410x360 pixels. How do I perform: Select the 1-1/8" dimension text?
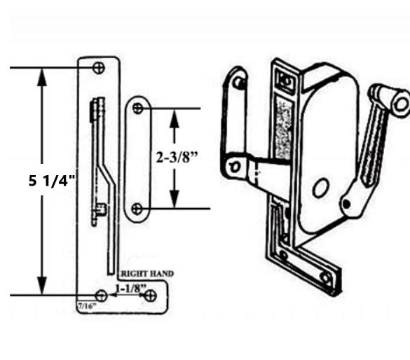(x=130, y=288)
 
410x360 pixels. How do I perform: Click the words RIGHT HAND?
(x=147, y=272)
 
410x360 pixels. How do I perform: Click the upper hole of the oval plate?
(x=138, y=109)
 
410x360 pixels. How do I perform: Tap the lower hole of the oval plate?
(x=138, y=209)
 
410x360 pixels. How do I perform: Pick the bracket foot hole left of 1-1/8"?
(x=101, y=295)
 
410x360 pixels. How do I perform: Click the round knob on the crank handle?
(x=400, y=103)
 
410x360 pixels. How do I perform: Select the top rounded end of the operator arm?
(x=238, y=78)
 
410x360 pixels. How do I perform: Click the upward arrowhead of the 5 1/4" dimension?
(x=43, y=76)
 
